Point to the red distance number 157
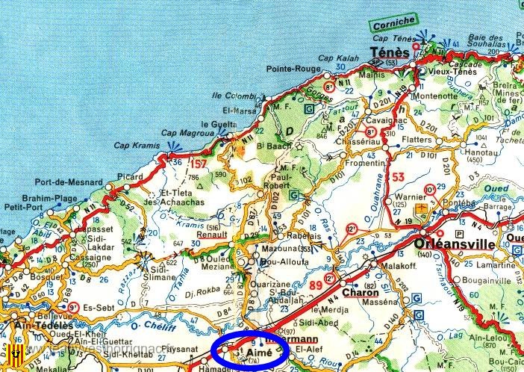point(199,164)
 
